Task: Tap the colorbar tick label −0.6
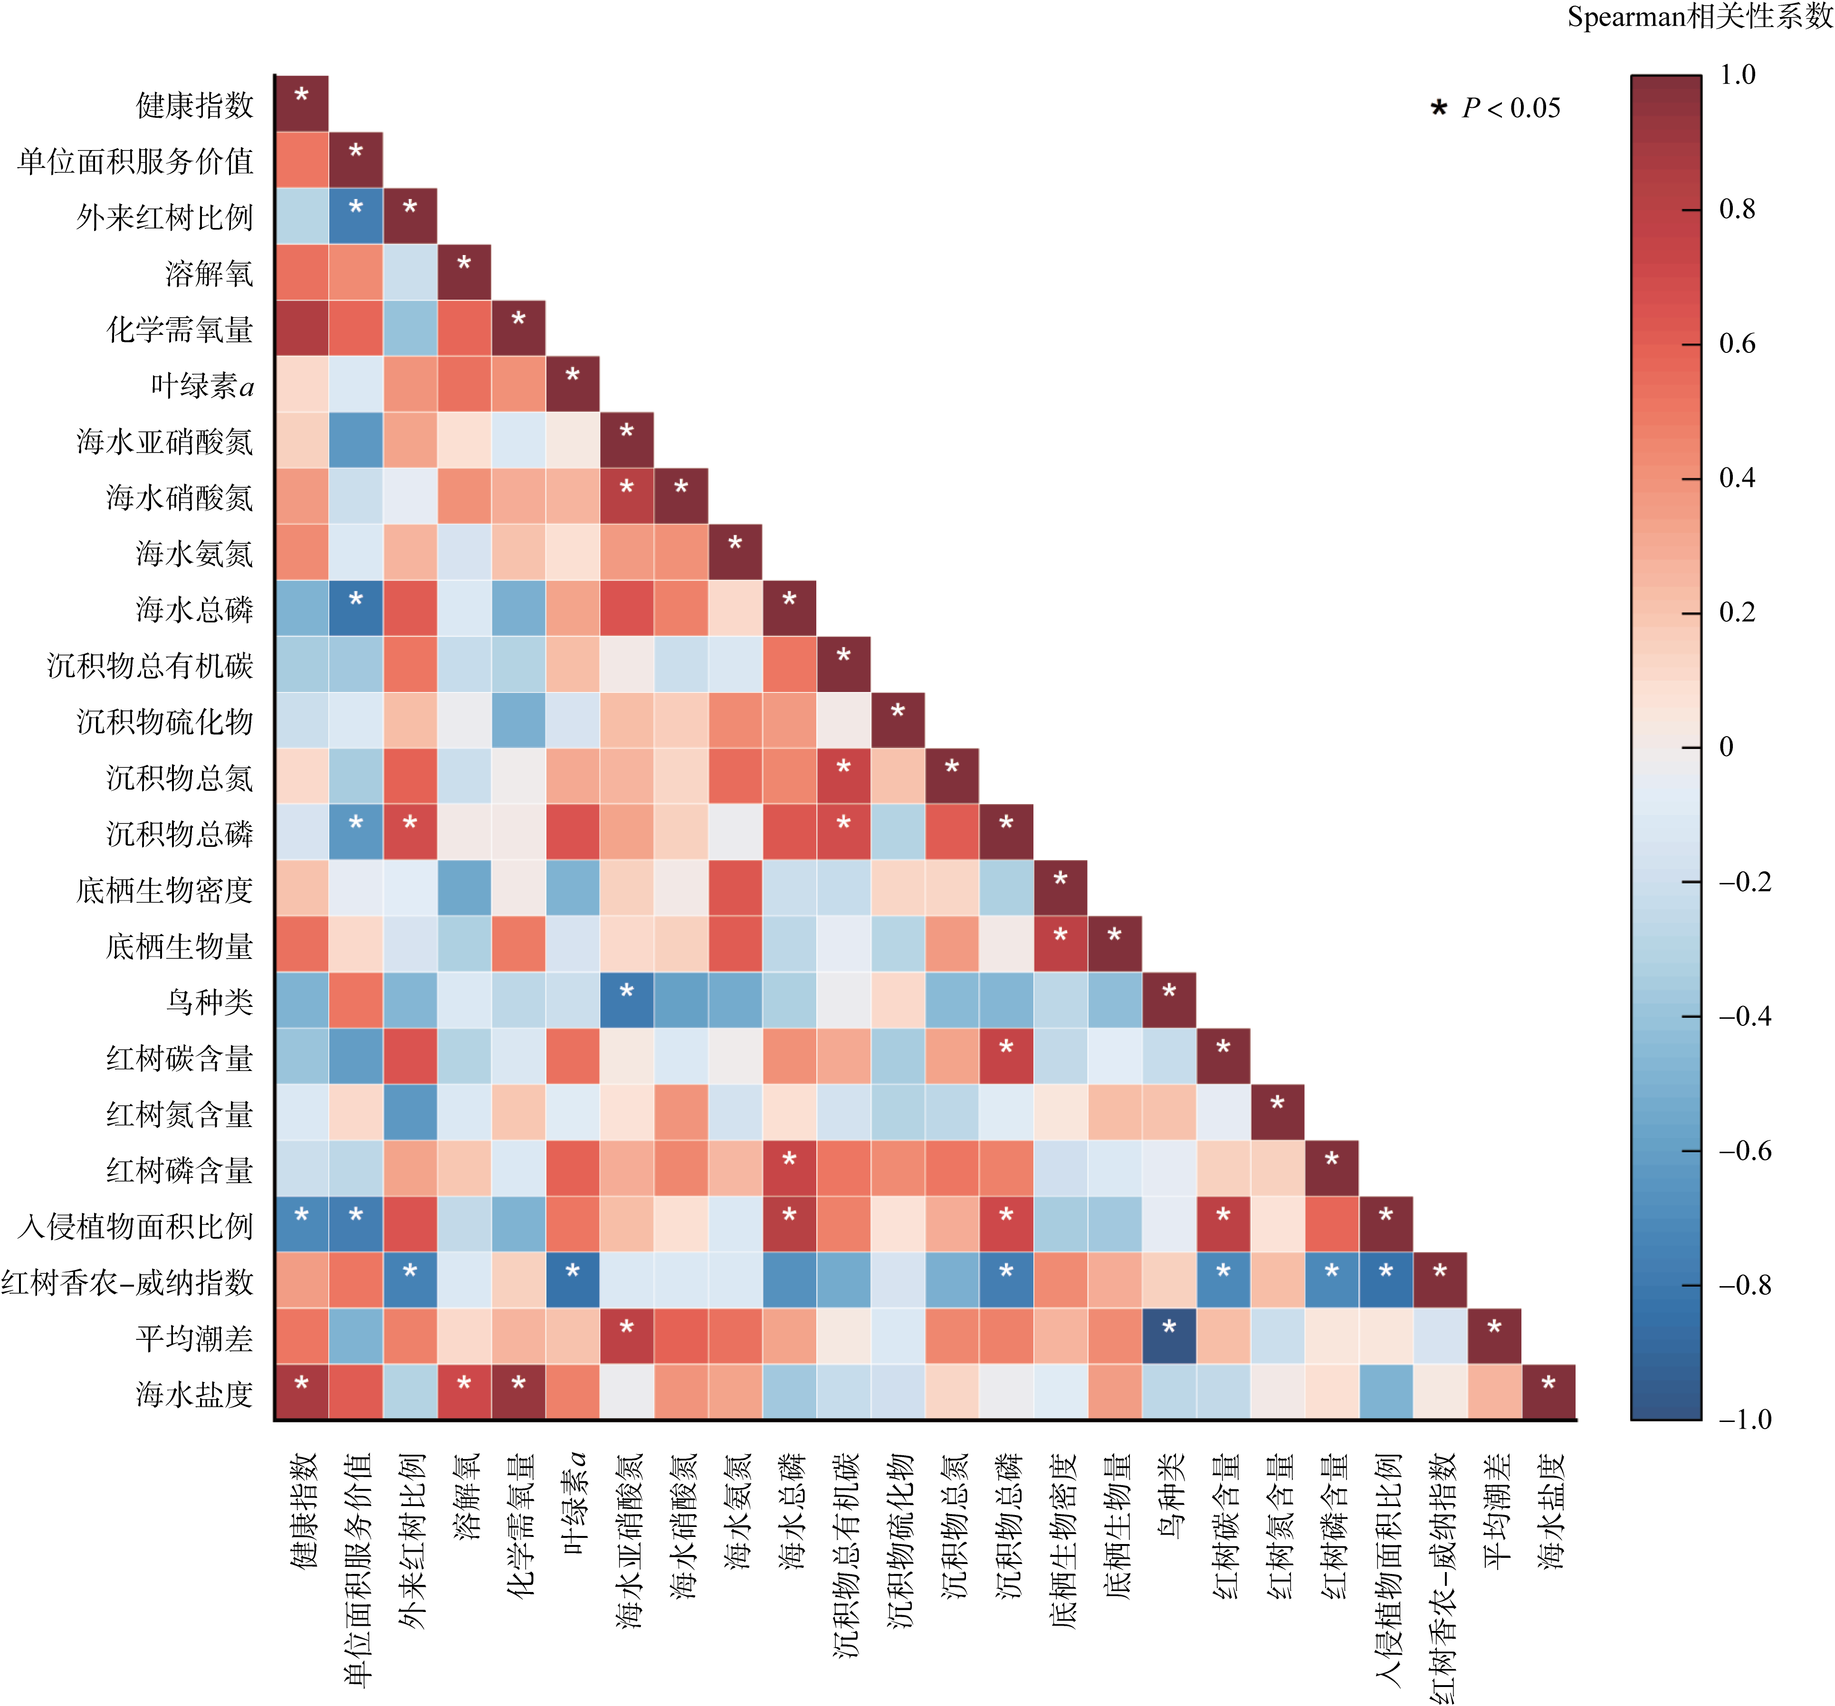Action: (1744, 1151)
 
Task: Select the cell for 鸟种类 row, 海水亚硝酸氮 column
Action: (627, 999)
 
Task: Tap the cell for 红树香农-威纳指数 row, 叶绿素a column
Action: (572, 1279)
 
